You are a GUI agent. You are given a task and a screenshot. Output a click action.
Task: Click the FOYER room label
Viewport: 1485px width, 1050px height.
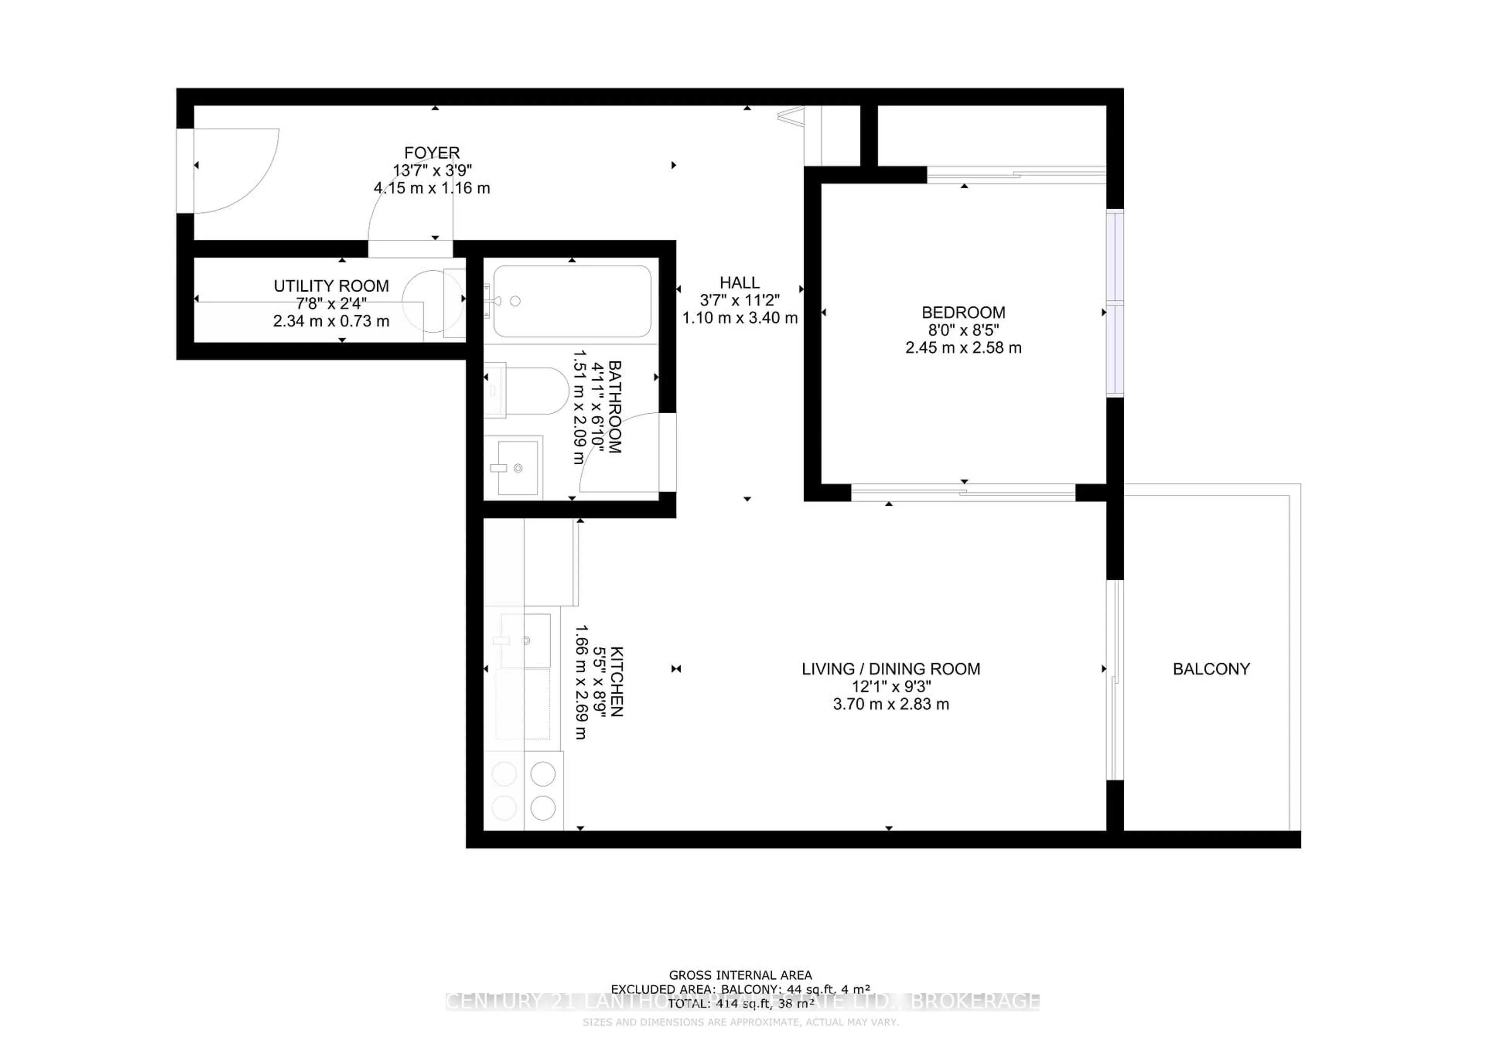[432, 153]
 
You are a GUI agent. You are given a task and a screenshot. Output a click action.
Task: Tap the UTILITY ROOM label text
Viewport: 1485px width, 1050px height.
[331, 286]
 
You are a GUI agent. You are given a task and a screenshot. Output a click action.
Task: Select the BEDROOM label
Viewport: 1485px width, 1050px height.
[963, 313]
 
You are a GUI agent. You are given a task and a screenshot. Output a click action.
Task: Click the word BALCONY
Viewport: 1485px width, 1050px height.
[1211, 669]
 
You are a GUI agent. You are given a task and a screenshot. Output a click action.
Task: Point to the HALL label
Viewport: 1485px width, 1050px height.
[739, 283]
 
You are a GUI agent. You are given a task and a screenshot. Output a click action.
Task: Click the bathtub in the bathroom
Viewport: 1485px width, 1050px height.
[572, 301]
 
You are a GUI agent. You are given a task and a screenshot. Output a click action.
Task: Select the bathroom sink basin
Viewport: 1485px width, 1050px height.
[517, 467]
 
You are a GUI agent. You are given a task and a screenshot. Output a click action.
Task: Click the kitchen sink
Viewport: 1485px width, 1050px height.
[525, 641]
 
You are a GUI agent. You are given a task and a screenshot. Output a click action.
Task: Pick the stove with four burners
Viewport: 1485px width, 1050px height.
[524, 791]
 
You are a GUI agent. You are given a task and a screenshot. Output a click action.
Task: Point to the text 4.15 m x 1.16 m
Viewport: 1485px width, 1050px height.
[432, 188]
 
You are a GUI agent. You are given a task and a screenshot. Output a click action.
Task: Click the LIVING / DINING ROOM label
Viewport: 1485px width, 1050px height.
[891, 669]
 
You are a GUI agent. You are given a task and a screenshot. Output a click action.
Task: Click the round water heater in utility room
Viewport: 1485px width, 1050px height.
[432, 301]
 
